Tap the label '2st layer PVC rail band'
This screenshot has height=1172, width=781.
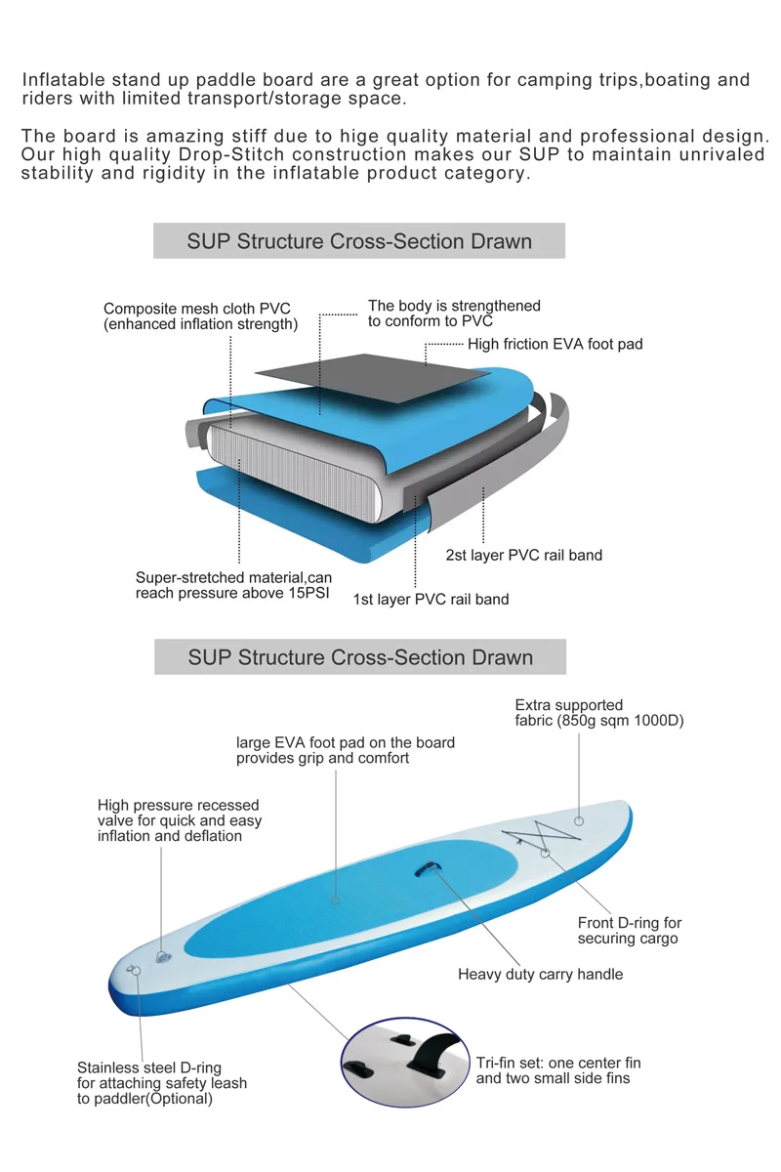point(523,555)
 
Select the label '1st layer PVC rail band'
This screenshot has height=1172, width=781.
point(431,599)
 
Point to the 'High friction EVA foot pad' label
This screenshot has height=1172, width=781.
point(555,344)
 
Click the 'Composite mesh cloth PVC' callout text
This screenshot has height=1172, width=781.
point(197,309)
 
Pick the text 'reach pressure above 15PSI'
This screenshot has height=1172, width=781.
point(234,594)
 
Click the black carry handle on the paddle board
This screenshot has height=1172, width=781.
point(427,868)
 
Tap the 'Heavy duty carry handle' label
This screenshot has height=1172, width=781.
point(540,974)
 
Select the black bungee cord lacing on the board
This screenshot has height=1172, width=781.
point(541,837)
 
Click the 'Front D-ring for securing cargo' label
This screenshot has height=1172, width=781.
point(629,931)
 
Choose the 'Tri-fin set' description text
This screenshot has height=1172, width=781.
point(558,1070)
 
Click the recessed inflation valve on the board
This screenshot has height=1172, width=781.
point(162,955)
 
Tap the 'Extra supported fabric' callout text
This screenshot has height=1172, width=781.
point(599,713)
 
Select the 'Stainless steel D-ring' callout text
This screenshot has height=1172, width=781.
point(162,1082)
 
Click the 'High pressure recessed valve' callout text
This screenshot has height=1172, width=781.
point(180,820)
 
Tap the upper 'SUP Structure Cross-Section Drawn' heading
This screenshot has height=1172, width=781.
point(359,241)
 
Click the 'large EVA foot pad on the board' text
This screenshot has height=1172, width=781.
point(346,750)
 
